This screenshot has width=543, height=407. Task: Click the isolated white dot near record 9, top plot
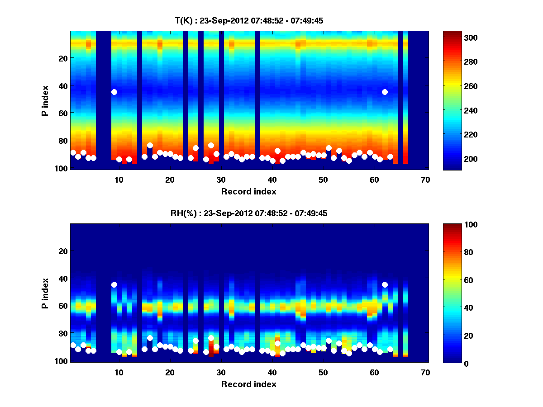tap(114, 92)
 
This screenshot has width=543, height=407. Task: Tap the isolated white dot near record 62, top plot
tap(385, 92)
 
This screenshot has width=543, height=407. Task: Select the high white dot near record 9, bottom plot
tap(114, 284)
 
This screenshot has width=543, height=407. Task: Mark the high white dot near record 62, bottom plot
tap(385, 284)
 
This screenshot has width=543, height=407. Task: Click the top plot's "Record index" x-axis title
tap(249, 191)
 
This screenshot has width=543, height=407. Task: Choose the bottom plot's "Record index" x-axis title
tap(249, 384)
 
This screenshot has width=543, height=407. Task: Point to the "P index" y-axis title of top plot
tap(45, 100)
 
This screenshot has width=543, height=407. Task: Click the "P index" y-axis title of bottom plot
tap(45, 293)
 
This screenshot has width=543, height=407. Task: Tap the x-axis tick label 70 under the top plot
tap(425, 180)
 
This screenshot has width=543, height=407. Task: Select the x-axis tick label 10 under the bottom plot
tap(119, 372)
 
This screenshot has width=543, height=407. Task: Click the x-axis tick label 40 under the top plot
tap(272, 180)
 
